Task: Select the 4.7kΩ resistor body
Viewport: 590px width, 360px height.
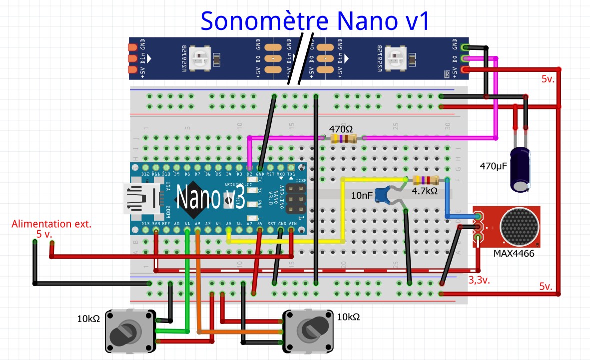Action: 426,180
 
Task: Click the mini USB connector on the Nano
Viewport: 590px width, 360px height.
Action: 142,198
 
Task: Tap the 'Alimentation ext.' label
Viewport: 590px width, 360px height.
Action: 51,224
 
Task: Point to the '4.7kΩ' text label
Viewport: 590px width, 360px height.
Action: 425,191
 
